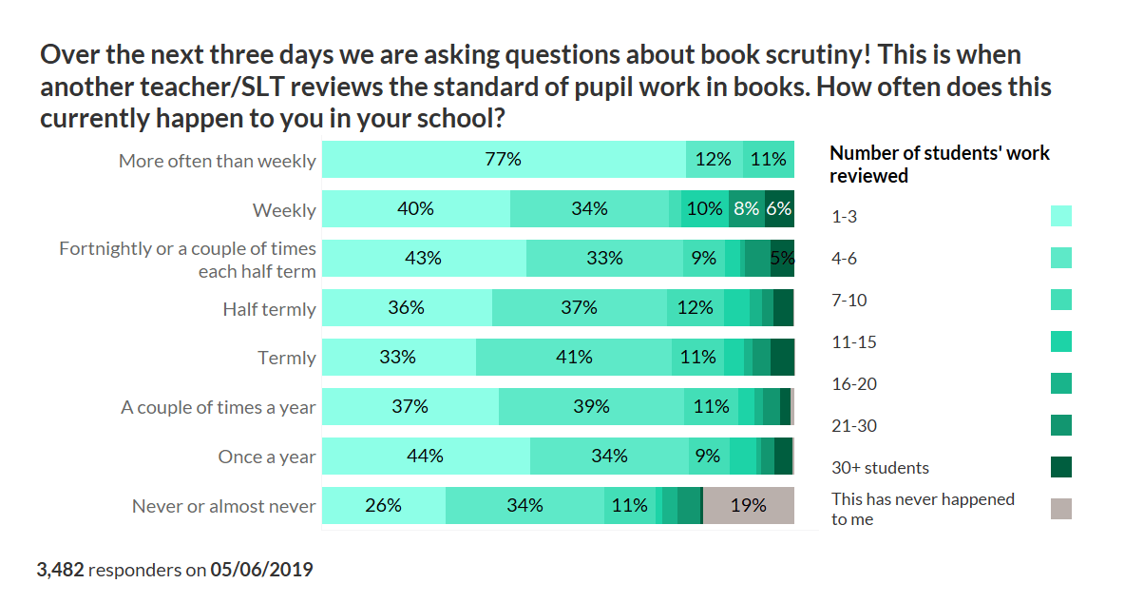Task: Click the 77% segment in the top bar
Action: [504, 160]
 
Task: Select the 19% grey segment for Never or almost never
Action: [748, 506]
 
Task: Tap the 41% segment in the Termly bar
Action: [574, 358]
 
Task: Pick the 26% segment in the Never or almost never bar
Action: [384, 506]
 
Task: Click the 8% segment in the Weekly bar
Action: [747, 209]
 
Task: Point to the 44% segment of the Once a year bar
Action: [426, 457]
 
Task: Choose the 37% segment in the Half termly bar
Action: [580, 308]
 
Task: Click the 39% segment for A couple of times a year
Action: [591, 407]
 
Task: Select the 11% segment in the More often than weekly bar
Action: [768, 160]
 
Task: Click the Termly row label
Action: [286, 359]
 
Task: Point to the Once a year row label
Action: [266, 457]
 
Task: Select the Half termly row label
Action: [269, 309]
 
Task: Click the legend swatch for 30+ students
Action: [1061, 467]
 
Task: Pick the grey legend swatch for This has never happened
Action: [1061, 509]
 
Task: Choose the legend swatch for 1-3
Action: [1061, 216]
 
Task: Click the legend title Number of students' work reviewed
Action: [939, 164]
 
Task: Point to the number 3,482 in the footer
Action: [61, 571]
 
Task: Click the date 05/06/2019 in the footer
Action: [261, 571]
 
